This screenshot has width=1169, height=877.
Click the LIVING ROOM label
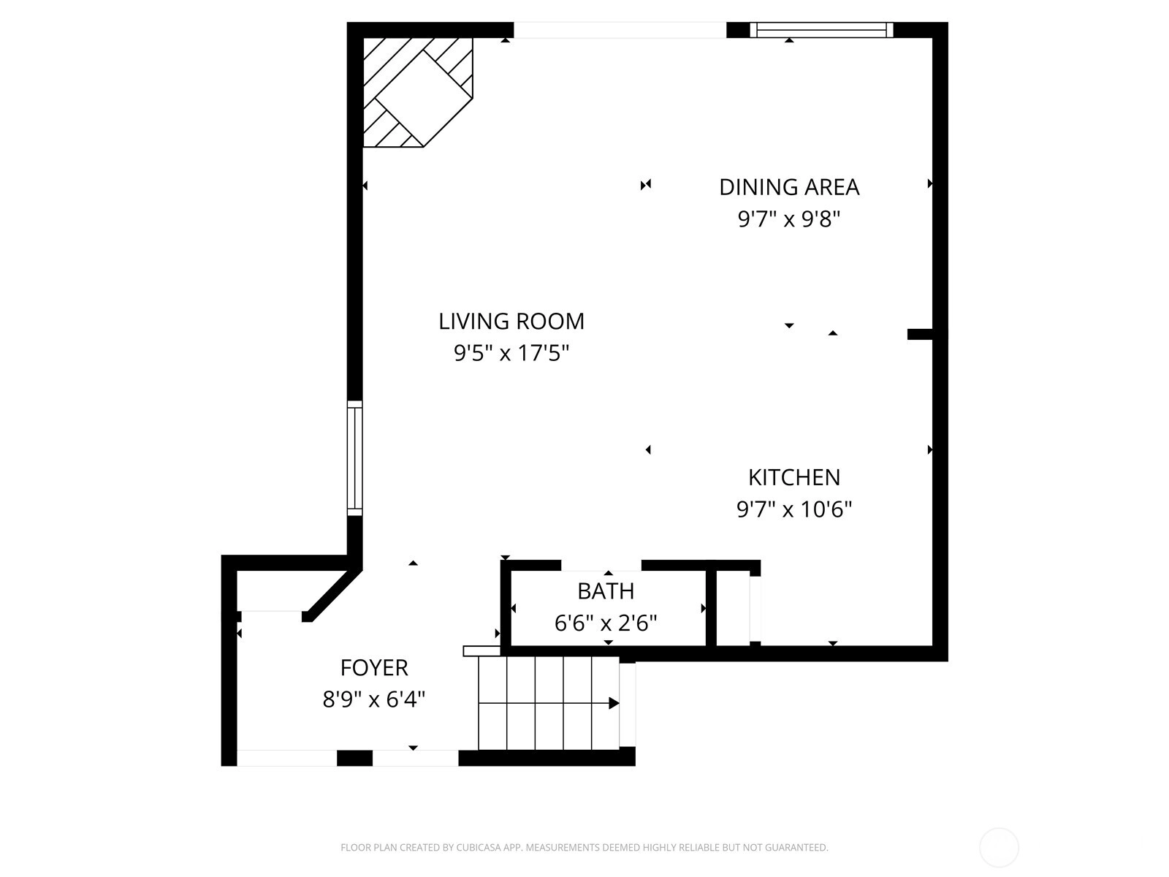(511, 321)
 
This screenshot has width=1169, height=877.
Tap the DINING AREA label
(789, 187)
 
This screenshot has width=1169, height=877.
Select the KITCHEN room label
(794, 478)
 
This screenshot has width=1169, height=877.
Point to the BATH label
(606, 591)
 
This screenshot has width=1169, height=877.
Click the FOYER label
(374, 668)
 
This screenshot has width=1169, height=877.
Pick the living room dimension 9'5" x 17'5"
(511, 353)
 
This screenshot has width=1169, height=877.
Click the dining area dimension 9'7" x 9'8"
(789, 219)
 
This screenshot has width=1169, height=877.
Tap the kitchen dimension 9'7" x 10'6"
(794, 509)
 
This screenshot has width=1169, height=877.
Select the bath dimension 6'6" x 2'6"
(606, 623)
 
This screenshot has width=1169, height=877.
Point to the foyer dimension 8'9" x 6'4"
(374, 699)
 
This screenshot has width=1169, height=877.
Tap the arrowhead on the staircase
(614, 703)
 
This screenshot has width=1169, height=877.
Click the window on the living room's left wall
(354, 458)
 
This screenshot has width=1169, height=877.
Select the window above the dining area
(821, 30)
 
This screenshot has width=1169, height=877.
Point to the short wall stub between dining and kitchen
(921, 335)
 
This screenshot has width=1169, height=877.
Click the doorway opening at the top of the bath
(601, 566)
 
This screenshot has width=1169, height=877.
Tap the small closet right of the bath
(734, 608)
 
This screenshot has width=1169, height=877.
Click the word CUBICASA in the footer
(479, 847)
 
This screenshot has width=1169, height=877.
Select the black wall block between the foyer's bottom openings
(354, 758)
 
